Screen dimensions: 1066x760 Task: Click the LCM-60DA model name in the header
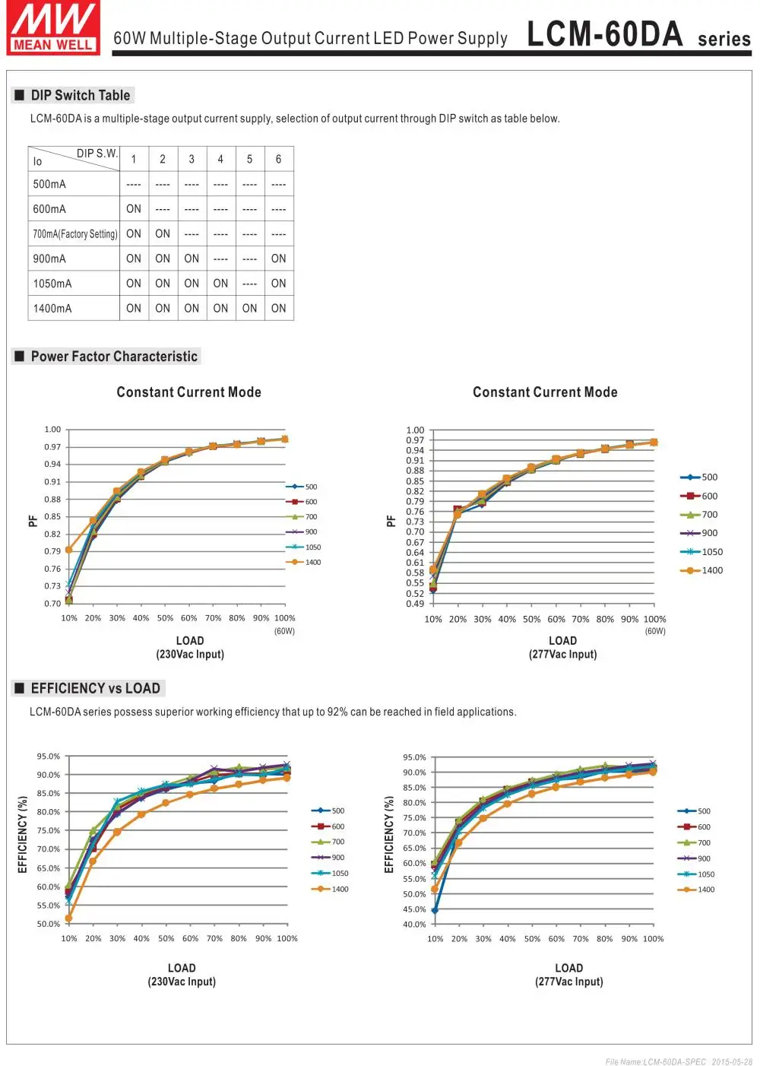coord(604,34)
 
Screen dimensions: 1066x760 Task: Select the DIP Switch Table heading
coord(80,96)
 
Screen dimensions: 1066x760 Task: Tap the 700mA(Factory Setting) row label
coord(74,234)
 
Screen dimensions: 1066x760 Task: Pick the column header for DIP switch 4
coord(220,160)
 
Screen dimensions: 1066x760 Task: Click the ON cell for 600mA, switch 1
coord(134,209)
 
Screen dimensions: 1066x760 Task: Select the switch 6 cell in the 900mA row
coord(279,259)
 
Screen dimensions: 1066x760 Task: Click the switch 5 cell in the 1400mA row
coord(249,309)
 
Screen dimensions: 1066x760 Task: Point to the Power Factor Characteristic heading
coord(114,357)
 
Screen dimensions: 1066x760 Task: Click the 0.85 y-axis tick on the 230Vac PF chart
coord(52,517)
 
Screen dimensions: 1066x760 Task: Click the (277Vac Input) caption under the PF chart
coord(562,655)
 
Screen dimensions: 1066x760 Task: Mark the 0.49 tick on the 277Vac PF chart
coord(415,604)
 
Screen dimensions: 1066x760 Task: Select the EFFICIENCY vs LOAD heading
coord(95,689)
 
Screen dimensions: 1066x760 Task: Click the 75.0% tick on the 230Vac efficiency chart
coord(49,831)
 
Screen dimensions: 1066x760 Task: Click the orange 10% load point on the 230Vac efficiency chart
coord(69,918)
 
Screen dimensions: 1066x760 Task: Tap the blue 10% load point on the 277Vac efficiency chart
coord(435,910)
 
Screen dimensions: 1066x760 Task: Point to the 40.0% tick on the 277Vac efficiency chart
coord(415,925)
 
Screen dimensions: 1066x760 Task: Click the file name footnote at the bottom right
coord(679,1061)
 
